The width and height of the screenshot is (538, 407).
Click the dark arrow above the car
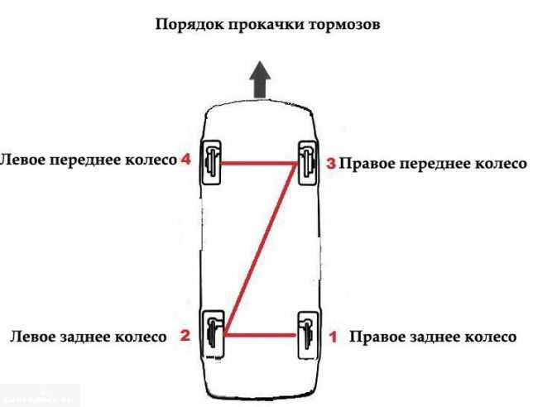click(260, 80)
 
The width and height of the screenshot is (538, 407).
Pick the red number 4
click(185, 159)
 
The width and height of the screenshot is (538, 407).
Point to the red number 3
click(331, 164)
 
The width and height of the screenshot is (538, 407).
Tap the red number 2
click(185, 335)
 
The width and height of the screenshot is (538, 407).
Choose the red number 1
click(334, 337)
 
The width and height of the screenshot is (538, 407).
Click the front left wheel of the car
click(211, 162)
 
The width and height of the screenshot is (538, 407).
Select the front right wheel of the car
click(308, 163)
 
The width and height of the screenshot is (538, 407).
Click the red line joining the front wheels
click(259, 163)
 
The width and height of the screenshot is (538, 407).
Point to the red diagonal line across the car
click(260, 249)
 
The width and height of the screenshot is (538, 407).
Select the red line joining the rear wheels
click(261, 335)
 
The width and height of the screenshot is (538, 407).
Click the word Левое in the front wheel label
click(22, 160)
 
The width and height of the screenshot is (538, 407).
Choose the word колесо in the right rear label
click(491, 337)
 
